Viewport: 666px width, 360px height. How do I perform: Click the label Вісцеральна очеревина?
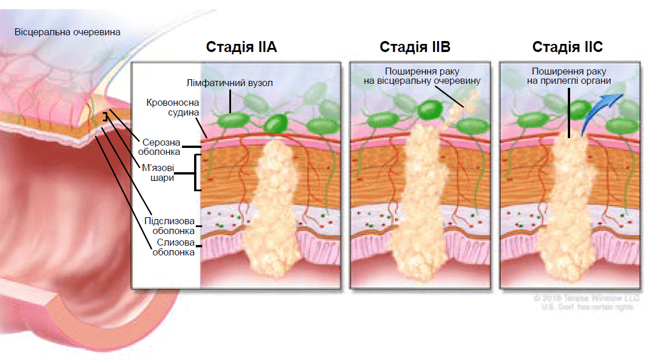point(68,32)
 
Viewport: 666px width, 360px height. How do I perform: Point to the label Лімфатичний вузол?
point(230,83)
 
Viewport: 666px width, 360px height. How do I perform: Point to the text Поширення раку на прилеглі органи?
point(568,77)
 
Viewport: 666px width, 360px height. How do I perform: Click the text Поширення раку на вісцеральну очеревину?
point(422,77)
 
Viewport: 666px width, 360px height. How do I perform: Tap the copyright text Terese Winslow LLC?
point(586,298)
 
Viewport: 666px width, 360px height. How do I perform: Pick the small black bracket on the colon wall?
point(105,117)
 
